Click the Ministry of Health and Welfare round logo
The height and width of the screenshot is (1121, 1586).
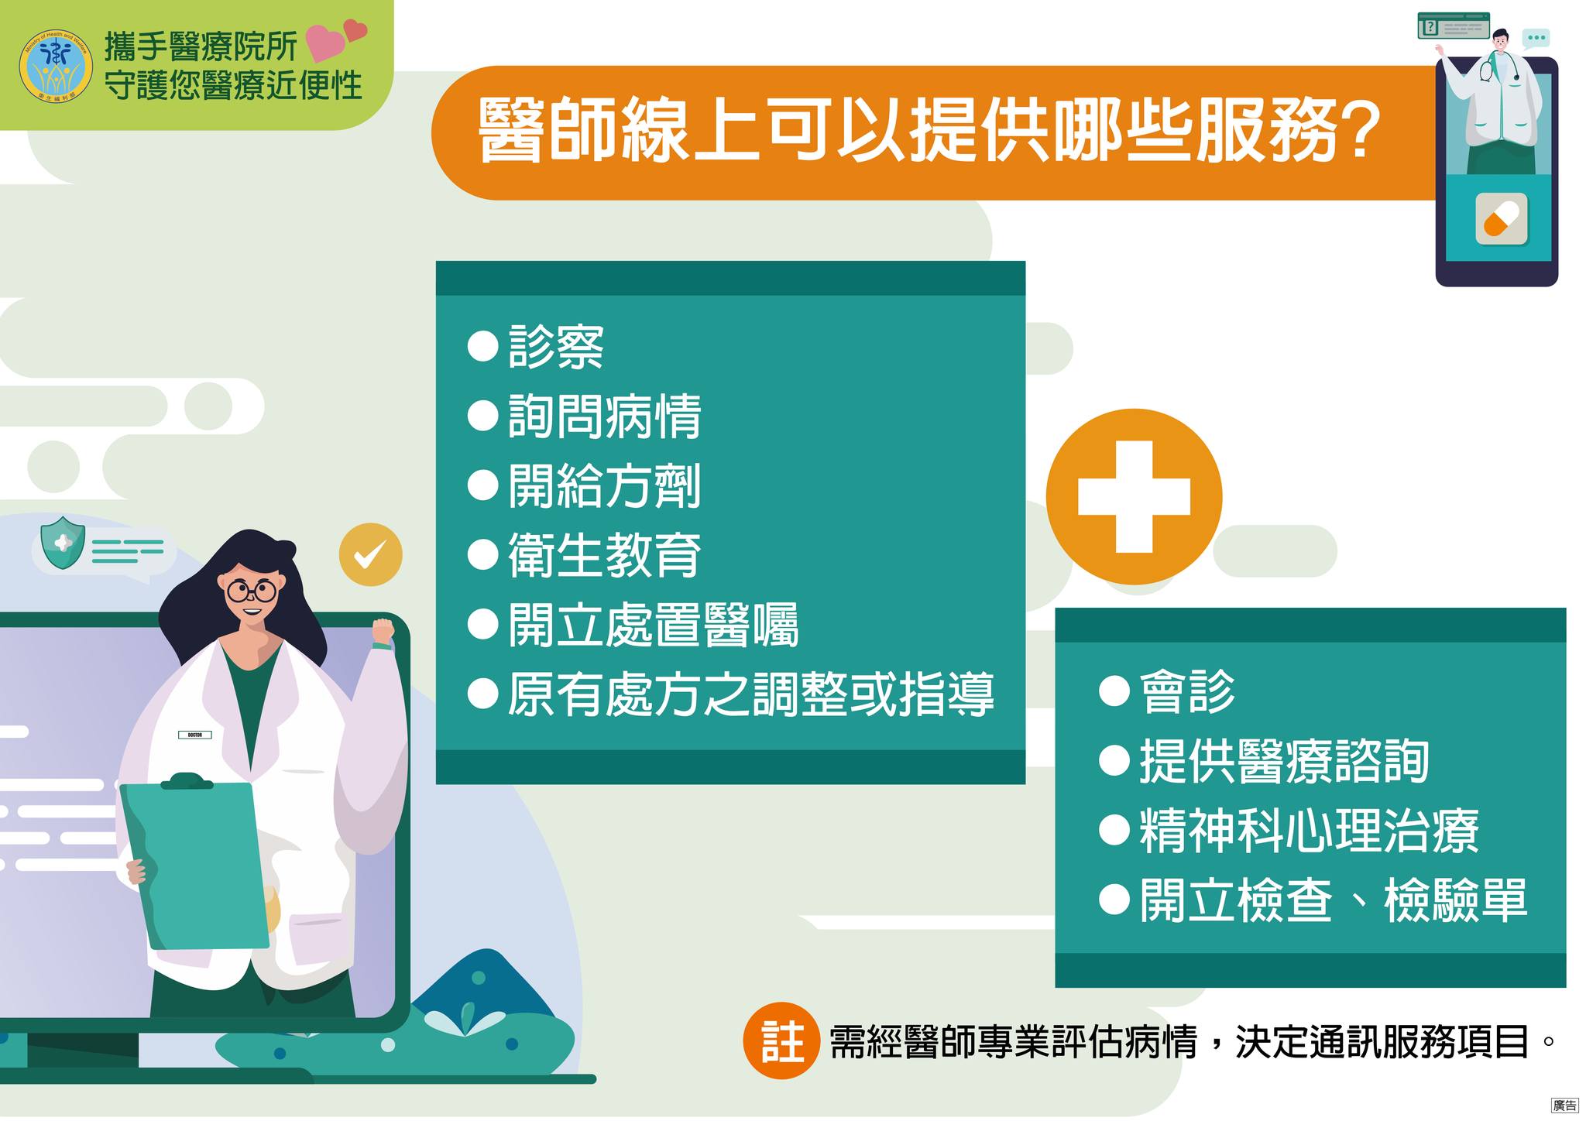(56, 67)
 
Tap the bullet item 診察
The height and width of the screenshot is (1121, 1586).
(536, 347)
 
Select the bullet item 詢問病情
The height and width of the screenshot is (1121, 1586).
(585, 417)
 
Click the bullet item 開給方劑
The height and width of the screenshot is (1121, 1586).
(585, 486)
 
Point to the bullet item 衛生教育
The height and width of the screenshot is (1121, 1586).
(585, 555)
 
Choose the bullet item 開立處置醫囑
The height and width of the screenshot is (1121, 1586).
(633, 625)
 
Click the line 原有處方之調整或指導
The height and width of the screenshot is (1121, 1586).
(731, 694)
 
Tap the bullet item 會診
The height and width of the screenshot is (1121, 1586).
(1167, 691)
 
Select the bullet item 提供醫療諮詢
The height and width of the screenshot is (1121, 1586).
(1265, 761)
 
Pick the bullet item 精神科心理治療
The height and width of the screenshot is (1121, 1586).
(1289, 830)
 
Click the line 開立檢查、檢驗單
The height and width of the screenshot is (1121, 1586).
(1313, 900)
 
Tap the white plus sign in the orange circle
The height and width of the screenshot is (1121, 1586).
(1134, 497)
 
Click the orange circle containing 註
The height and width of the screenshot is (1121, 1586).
(781, 1041)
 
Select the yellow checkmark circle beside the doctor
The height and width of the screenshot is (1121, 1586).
(371, 554)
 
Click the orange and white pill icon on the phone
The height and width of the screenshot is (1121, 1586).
(1501, 219)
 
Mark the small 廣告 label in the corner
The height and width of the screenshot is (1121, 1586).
(1564, 1106)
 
